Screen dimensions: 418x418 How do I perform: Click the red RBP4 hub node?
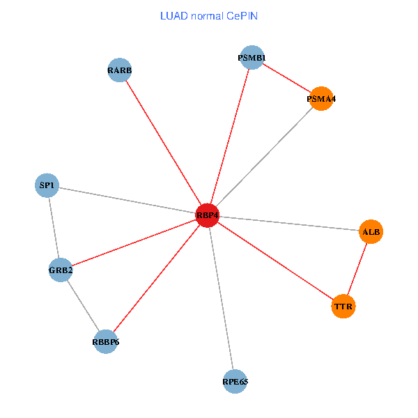208,216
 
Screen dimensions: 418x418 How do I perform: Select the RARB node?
120,70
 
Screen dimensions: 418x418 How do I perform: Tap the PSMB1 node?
251,58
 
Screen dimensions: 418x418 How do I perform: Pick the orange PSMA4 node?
321,99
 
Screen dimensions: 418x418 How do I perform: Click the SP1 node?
47,185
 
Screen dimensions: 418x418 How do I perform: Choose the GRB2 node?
61,270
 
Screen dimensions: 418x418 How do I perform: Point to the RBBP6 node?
105,341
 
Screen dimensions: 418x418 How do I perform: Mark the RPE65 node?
235,381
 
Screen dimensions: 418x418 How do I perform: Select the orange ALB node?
371,231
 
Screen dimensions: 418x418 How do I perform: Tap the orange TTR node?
343,306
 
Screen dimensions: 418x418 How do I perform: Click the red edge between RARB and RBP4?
164,143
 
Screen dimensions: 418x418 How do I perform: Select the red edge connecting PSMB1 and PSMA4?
286,78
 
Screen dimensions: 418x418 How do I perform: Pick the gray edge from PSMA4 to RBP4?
265,157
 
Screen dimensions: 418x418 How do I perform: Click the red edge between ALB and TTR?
357,268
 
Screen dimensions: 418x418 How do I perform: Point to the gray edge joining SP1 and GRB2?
54,227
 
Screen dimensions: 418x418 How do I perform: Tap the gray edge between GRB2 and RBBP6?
83,305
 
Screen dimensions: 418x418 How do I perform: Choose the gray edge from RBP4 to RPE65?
222,298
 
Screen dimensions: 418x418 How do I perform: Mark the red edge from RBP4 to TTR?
275,261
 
